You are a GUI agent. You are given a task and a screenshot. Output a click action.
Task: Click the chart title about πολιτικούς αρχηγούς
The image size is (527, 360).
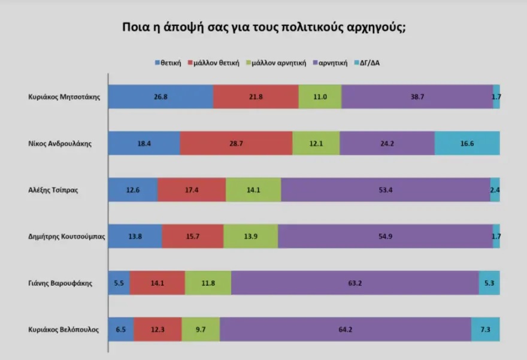(263, 28)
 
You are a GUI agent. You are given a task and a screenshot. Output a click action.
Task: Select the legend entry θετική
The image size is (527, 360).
(168, 63)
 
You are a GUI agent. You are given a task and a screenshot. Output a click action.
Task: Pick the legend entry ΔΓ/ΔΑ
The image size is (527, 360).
(369, 63)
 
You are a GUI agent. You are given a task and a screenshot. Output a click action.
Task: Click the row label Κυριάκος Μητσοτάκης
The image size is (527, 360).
(65, 96)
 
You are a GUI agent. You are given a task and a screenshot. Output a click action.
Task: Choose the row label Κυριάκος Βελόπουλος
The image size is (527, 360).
(64, 329)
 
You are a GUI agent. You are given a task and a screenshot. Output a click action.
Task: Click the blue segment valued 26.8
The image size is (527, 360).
(160, 96)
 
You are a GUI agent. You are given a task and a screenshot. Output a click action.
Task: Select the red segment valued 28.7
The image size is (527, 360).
(236, 143)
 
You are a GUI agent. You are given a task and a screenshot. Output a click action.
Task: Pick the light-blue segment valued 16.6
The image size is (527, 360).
(467, 143)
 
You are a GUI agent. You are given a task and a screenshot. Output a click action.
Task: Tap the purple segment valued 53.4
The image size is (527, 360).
(385, 190)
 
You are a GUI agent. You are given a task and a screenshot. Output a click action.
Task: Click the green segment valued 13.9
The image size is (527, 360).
(250, 237)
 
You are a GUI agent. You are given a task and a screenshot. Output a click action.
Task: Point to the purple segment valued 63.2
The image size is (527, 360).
(355, 283)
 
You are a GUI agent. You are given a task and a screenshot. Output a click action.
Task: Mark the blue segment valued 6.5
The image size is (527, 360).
(121, 329)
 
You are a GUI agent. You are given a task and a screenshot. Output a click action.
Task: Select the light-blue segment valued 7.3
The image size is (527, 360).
(486, 329)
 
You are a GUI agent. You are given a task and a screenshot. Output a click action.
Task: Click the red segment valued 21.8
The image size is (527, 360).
(256, 96)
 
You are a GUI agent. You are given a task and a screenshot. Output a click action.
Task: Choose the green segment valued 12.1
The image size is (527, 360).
(316, 143)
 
